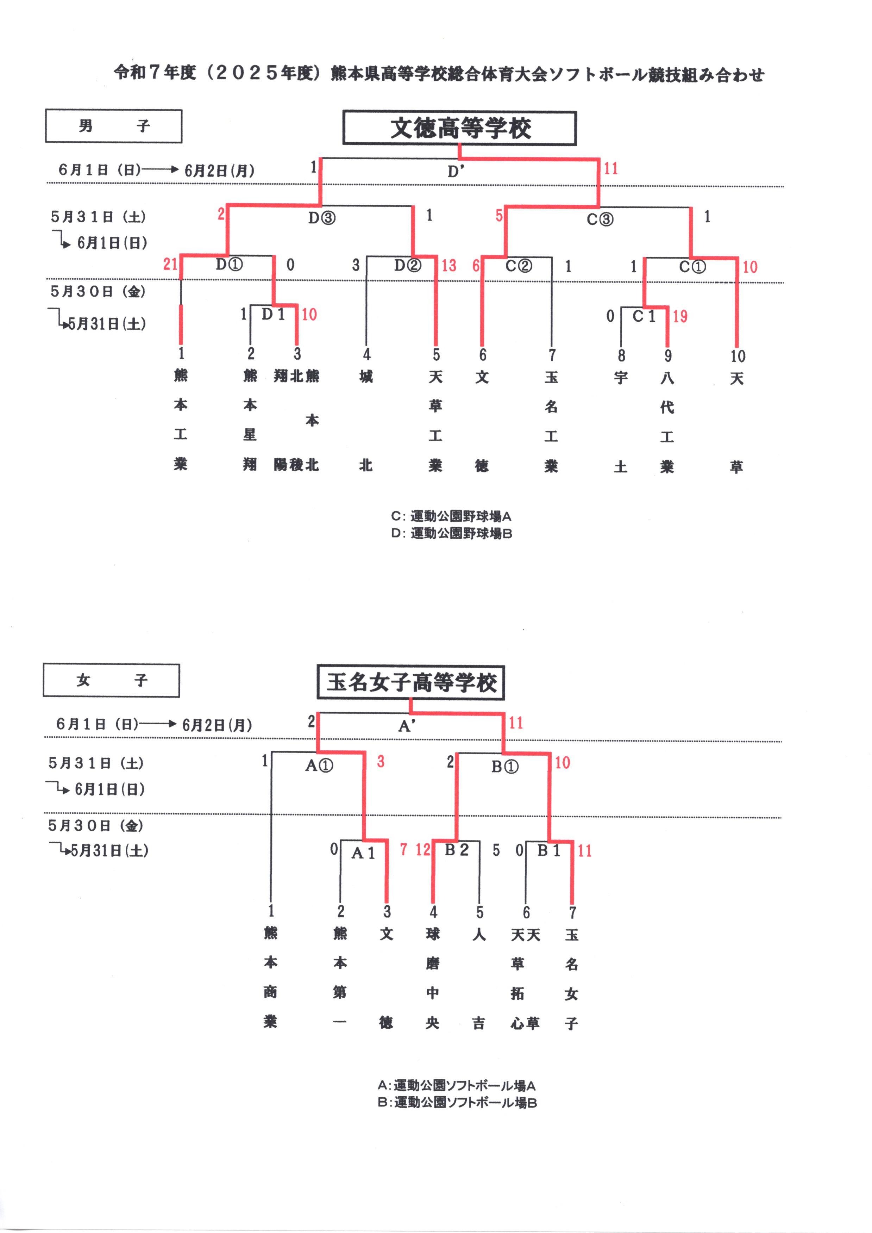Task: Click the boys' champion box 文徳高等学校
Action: (460, 128)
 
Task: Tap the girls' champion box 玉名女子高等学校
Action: (411, 682)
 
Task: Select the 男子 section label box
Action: (113, 126)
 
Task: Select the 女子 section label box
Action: (111, 680)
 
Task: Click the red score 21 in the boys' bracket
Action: (170, 264)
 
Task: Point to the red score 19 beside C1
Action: (680, 316)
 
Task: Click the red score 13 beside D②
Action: (449, 265)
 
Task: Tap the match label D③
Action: (322, 218)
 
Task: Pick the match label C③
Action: (600, 219)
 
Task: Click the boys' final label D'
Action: (456, 171)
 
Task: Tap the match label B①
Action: (505, 767)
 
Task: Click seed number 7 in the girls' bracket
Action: (573, 912)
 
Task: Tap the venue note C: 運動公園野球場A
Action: (451, 516)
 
